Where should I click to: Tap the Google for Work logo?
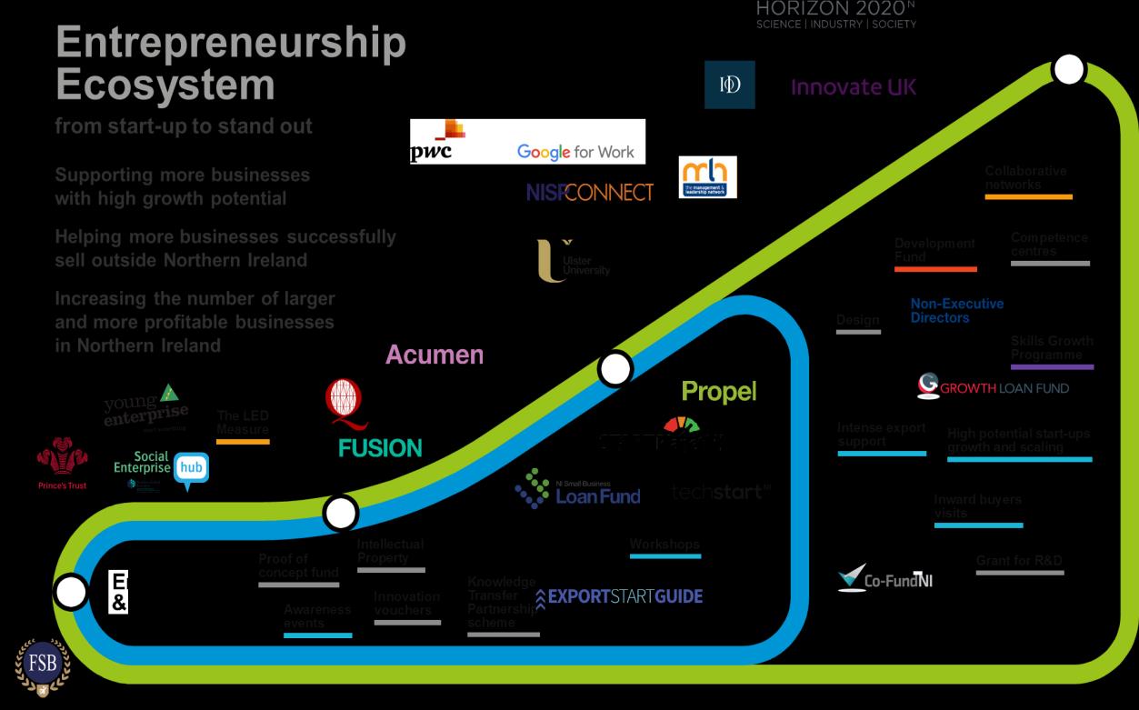pyautogui.click(x=575, y=152)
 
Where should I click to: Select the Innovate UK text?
pyautogui.click(x=854, y=87)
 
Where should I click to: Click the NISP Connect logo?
pyautogui.click(x=589, y=192)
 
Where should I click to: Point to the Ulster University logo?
pyautogui.click(x=573, y=262)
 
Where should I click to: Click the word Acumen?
pyautogui.click(x=435, y=355)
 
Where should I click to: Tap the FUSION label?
pyautogui.click(x=380, y=447)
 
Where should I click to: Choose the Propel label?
pyautogui.click(x=718, y=392)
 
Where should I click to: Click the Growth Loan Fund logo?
pyautogui.click(x=993, y=387)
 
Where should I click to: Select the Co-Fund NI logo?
pyautogui.click(x=884, y=579)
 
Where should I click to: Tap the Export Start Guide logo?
pyautogui.click(x=620, y=596)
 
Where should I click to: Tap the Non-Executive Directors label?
pyautogui.click(x=956, y=311)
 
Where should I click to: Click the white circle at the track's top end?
pyautogui.click(x=1068, y=70)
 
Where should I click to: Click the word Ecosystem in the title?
pyautogui.click(x=165, y=85)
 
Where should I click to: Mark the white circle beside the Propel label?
pyautogui.click(x=615, y=370)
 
